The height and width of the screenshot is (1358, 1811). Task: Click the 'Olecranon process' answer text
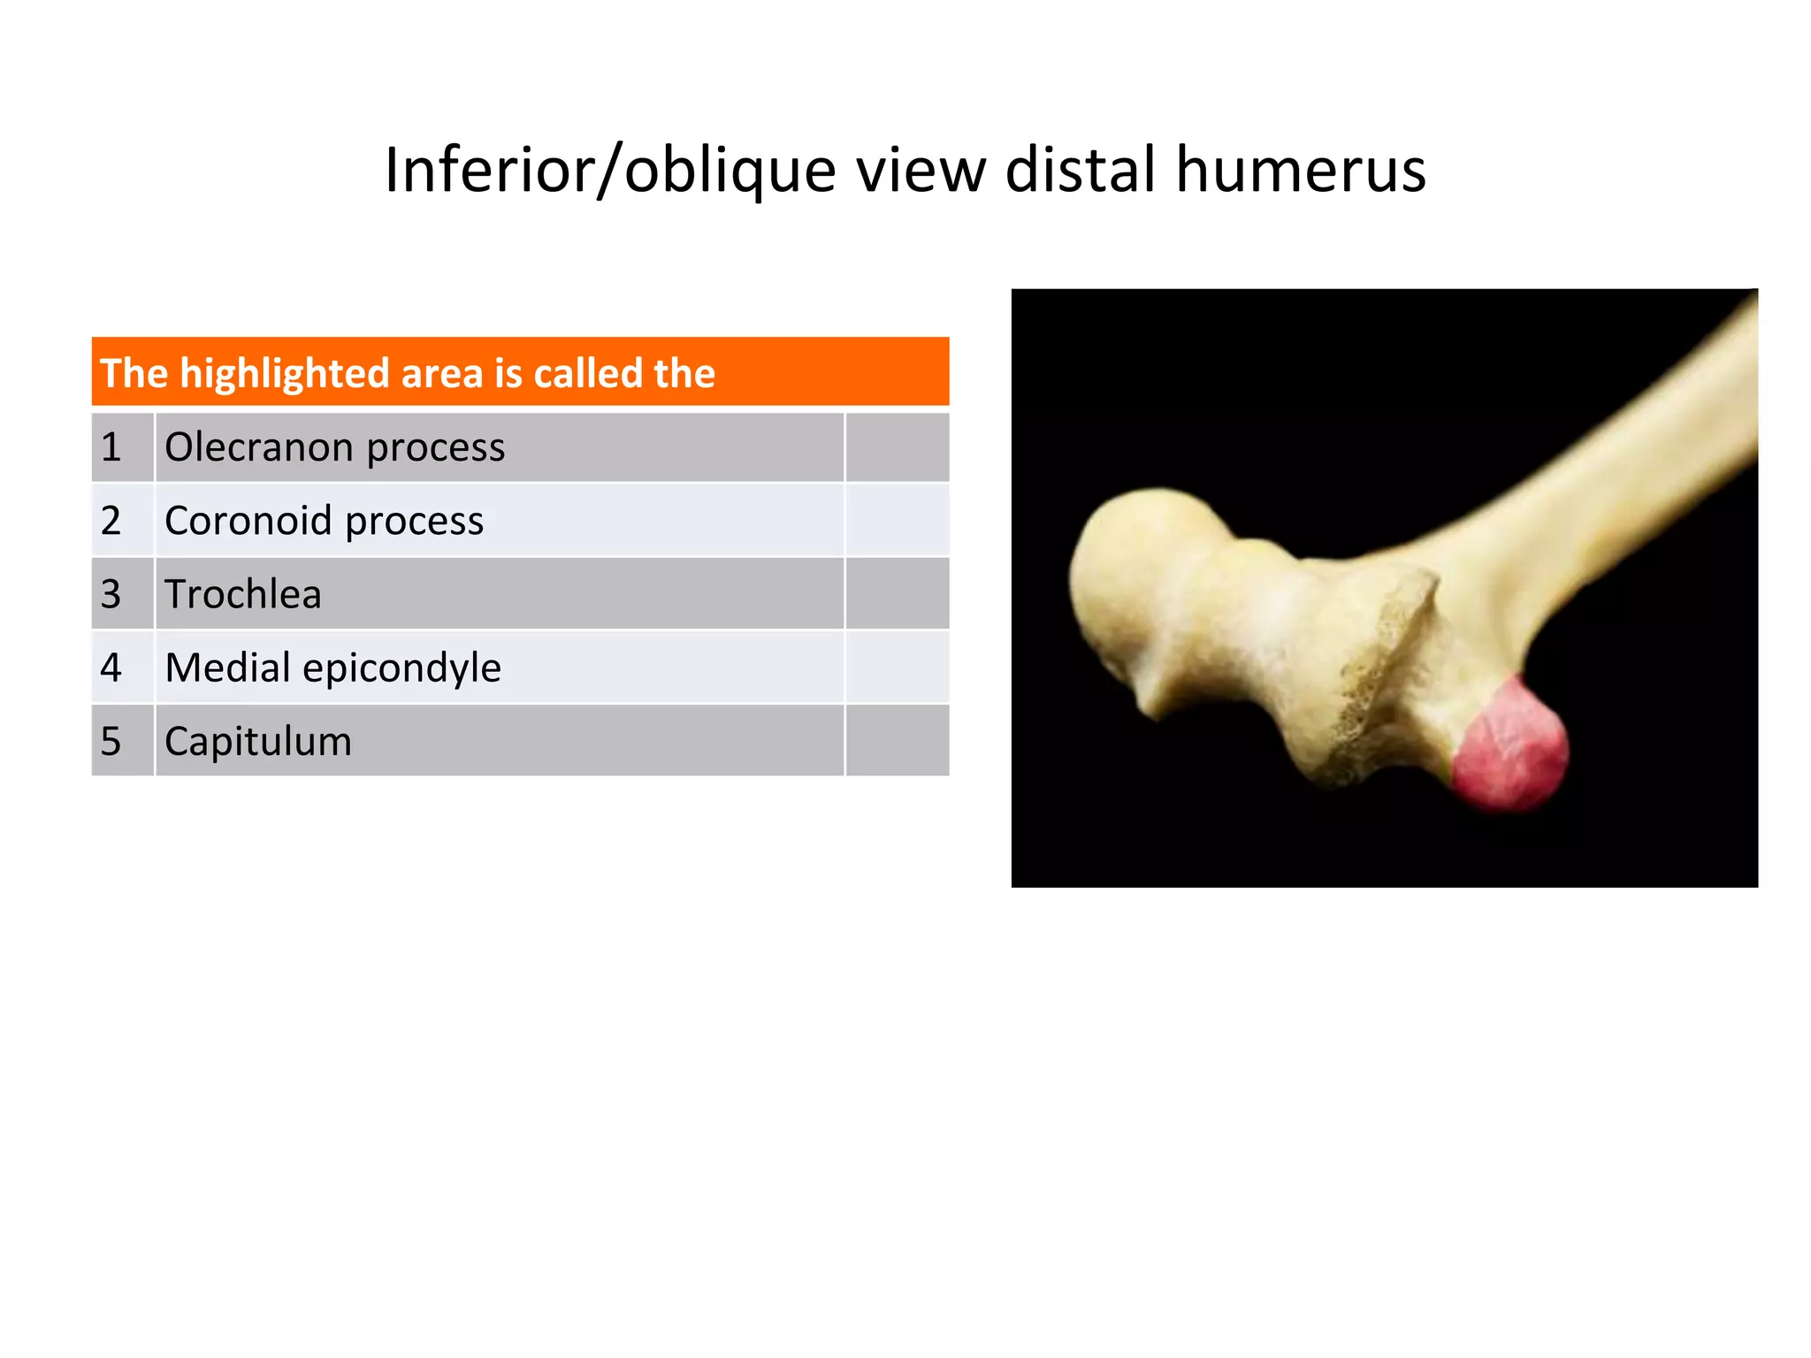(334, 447)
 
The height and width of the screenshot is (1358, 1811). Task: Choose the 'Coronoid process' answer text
(324, 521)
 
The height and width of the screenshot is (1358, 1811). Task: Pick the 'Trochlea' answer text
(242, 594)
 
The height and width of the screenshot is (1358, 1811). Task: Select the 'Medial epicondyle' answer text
(332, 668)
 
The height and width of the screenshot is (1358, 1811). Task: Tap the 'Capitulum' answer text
(258, 741)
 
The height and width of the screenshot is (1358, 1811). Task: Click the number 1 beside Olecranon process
(111, 447)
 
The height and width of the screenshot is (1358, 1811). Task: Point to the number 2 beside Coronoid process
(111, 521)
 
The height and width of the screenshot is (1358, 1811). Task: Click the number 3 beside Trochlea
(111, 594)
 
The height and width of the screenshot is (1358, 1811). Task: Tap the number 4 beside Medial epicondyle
(111, 668)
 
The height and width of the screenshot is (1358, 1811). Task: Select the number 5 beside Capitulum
(111, 741)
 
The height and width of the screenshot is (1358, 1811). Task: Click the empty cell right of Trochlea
(897, 594)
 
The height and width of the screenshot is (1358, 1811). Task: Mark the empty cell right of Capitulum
(897, 741)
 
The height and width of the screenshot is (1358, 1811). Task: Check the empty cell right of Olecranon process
(897, 447)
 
